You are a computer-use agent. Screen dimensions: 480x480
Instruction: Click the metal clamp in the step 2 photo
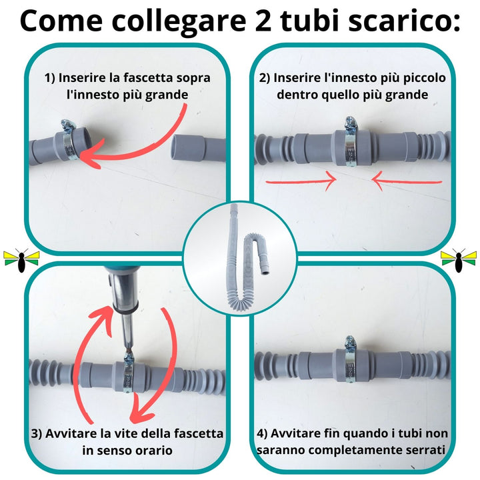(x=351, y=143)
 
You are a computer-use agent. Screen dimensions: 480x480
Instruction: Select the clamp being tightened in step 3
(x=127, y=377)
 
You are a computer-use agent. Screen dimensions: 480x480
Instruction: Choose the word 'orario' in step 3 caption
(x=157, y=451)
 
